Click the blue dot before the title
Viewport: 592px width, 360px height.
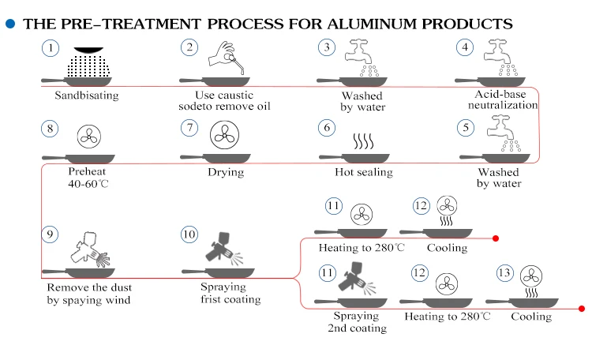10,24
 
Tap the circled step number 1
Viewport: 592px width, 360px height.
51,48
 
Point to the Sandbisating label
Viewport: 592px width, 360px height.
87,96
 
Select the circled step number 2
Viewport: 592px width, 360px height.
189,48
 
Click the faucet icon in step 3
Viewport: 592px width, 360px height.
359,56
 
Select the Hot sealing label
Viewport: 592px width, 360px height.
363,172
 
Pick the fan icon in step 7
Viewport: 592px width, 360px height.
225,135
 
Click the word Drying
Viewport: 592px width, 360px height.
226,172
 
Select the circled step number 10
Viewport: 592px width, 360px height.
189,234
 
